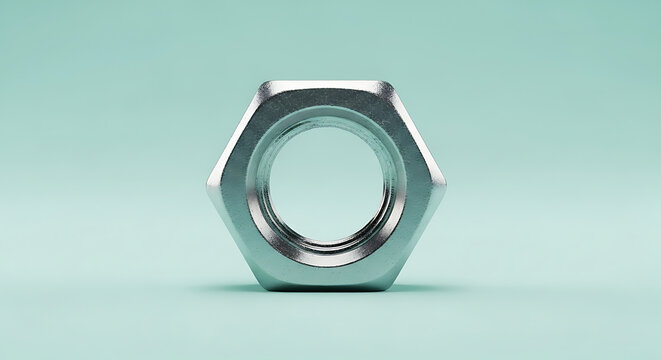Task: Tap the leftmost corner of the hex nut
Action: click(x=208, y=186)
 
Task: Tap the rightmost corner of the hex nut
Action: click(x=446, y=185)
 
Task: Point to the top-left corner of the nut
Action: click(x=263, y=83)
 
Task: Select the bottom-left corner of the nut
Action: click(x=265, y=289)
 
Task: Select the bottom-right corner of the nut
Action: click(x=389, y=289)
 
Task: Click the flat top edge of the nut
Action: click(x=326, y=83)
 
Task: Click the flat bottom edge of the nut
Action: click(x=327, y=290)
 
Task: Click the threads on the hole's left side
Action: click(x=262, y=185)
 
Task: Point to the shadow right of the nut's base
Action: click(x=425, y=289)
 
